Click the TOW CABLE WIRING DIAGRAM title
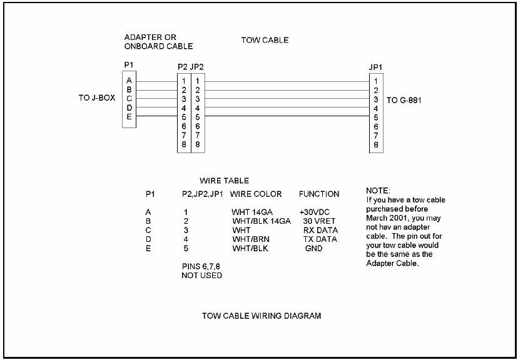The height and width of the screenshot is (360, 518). coord(261,316)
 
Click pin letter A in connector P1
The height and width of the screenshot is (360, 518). coord(129,81)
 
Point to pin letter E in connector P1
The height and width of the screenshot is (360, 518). coord(129,116)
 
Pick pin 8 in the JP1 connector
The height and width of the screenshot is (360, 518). coord(375,144)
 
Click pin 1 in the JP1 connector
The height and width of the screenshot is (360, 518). coord(375,81)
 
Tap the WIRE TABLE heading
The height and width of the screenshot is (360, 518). coord(223,181)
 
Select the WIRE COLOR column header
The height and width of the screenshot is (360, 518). coord(256,194)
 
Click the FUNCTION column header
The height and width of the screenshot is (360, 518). coord(319,194)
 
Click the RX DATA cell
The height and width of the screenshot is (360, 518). coord(320,230)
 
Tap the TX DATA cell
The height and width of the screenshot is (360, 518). coord(320,239)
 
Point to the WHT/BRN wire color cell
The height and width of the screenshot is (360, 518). coord(249,239)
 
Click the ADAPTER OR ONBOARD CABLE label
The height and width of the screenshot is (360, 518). coord(158,42)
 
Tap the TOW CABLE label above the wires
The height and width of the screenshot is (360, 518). coord(265,41)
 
